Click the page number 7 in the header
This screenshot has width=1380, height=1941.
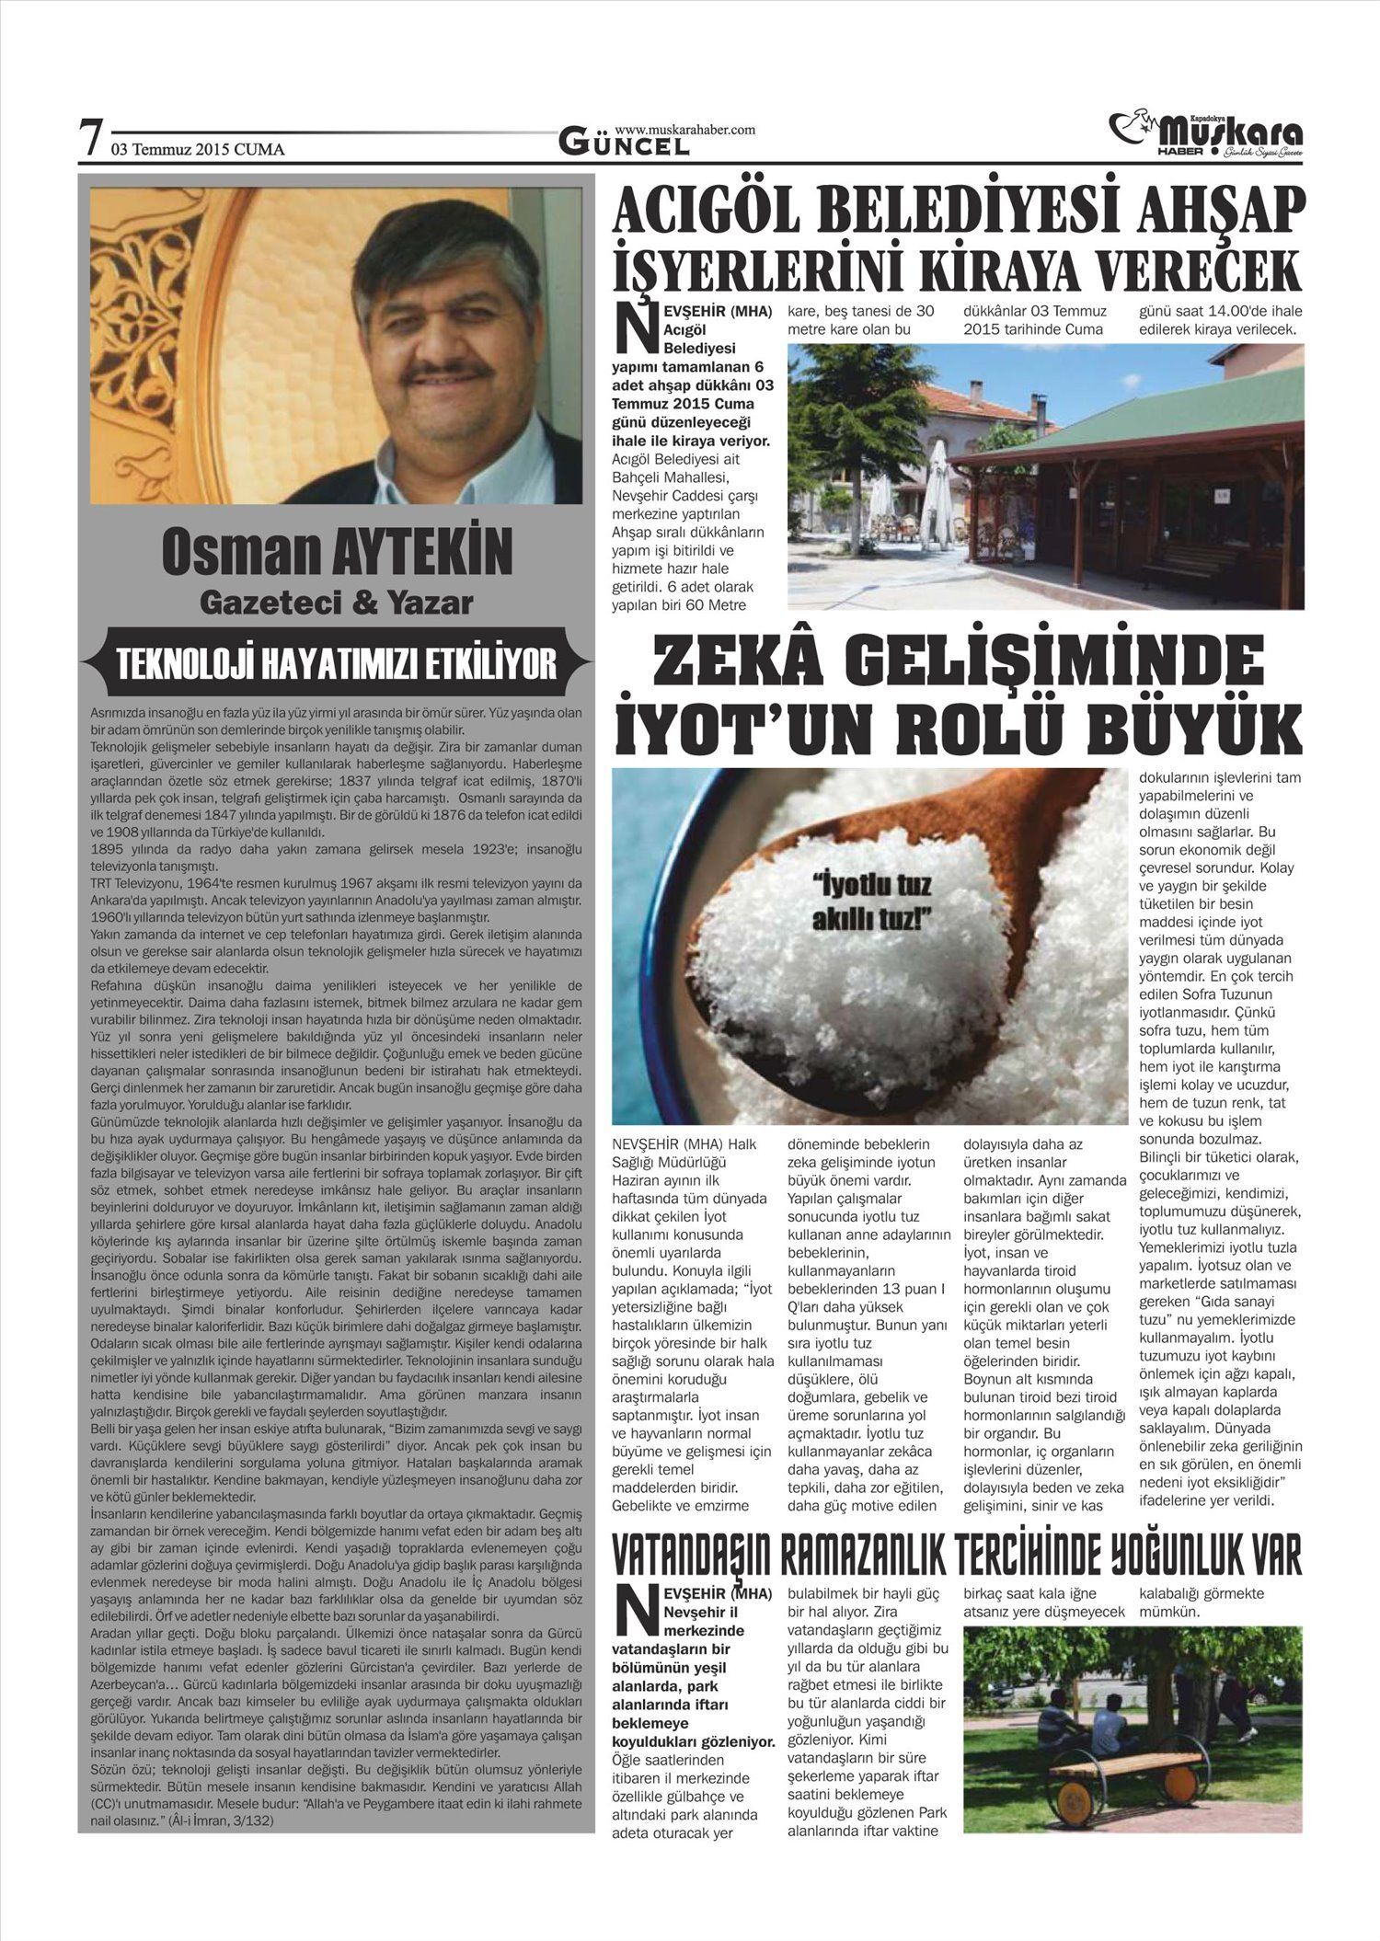click(91, 140)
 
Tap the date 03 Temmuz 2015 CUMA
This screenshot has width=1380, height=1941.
click(198, 149)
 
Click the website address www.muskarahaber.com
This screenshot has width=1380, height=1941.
click(684, 130)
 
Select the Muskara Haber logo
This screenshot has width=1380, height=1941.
click(1206, 134)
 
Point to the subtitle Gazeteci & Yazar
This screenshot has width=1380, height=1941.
click(337, 603)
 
